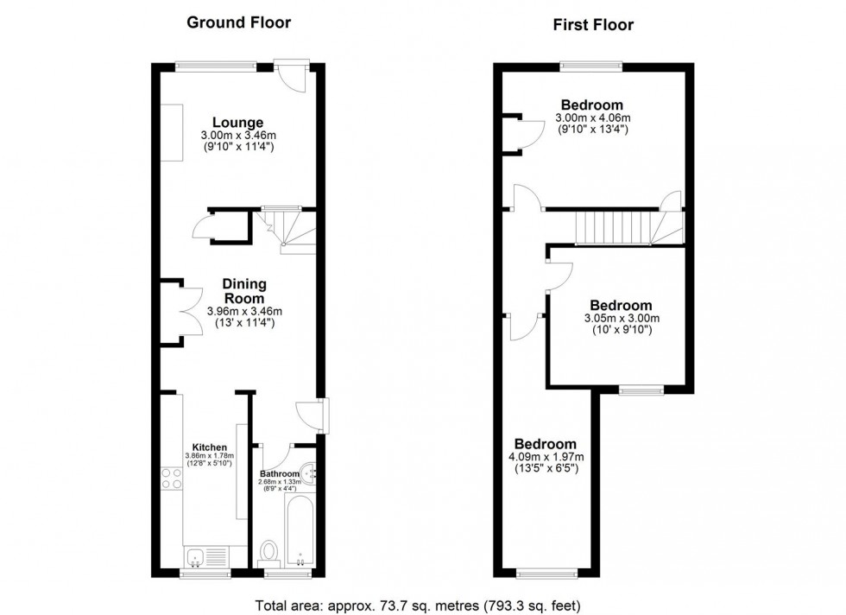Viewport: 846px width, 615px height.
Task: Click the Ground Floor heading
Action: (239, 22)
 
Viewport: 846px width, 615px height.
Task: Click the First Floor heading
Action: (593, 25)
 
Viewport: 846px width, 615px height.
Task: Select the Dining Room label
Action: (244, 291)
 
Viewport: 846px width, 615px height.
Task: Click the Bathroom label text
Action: (279, 474)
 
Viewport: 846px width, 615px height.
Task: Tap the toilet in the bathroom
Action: (268, 550)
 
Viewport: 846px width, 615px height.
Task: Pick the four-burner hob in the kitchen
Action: (171, 477)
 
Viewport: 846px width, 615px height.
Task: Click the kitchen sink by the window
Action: (197, 557)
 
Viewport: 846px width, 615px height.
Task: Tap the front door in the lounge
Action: (294, 79)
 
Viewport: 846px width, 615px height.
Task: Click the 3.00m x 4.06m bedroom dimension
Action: (591, 118)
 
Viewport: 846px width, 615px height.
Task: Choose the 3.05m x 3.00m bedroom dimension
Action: (621, 318)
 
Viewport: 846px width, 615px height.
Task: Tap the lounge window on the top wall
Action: (216, 64)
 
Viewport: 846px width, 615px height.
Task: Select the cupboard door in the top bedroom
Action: (530, 132)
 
